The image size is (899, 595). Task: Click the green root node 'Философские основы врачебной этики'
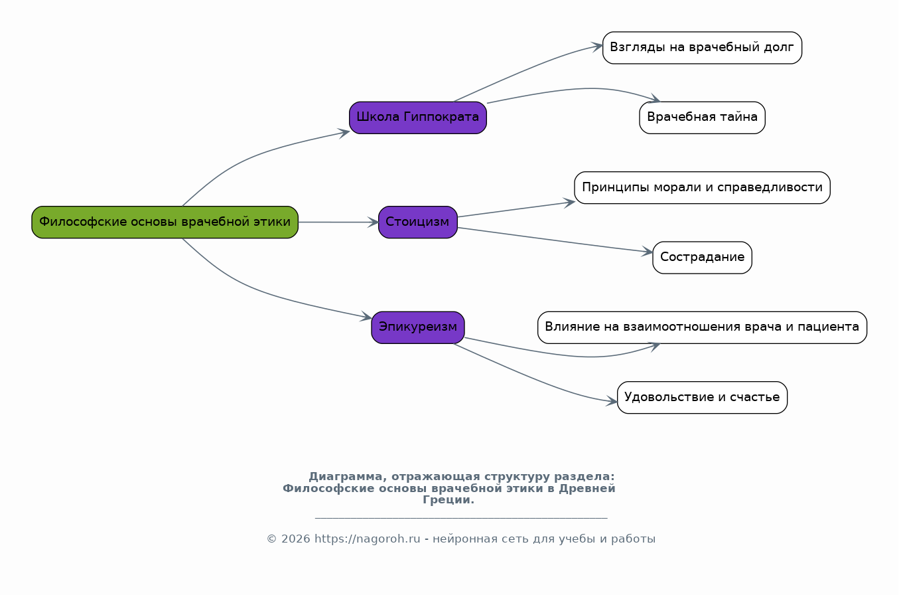click(165, 222)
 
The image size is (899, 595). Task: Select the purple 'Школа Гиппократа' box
click(418, 118)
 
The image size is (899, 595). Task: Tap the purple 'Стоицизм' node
click(418, 222)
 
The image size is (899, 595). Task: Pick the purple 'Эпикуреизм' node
click(418, 327)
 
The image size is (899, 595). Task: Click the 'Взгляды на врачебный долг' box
click(702, 48)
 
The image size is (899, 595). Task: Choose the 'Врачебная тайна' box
click(702, 118)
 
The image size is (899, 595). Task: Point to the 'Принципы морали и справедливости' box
click(702, 187)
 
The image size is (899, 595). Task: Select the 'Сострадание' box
click(702, 258)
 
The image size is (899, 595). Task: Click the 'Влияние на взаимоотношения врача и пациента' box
click(702, 327)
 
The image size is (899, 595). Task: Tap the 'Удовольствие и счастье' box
click(702, 398)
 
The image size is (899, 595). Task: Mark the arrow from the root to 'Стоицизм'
click(338, 222)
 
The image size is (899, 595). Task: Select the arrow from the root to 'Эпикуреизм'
click(252, 287)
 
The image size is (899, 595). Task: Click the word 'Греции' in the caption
click(447, 500)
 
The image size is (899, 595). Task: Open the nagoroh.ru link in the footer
click(367, 539)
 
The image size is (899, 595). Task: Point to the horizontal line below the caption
click(461, 517)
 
